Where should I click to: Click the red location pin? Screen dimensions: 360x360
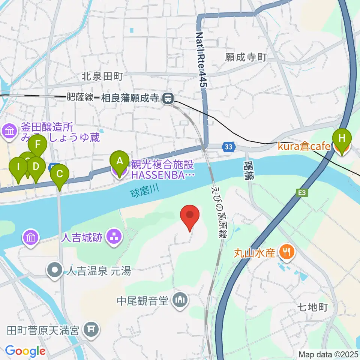[x=190, y=217]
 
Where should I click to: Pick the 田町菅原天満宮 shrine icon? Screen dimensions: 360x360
[x=91, y=330]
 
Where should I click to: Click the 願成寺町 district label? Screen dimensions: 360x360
[x=246, y=57]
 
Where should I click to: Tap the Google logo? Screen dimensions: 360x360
[x=25, y=351]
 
